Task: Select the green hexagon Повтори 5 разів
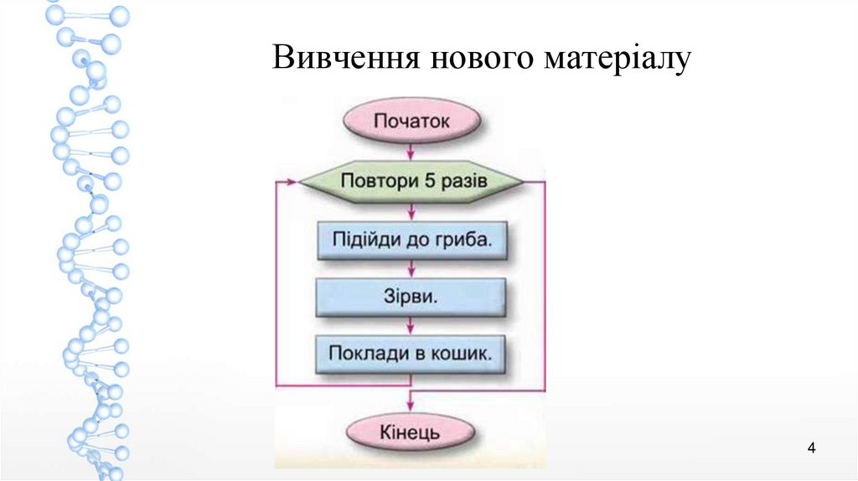point(411,181)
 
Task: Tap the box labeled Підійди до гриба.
point(411,240)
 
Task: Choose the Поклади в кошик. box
point(411,353)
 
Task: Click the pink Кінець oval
point(411,434)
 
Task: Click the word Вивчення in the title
point(345,59)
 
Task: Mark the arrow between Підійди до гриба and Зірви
point(411,268)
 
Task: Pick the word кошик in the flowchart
point(466,353)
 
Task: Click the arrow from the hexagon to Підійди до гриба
point(411,210)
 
